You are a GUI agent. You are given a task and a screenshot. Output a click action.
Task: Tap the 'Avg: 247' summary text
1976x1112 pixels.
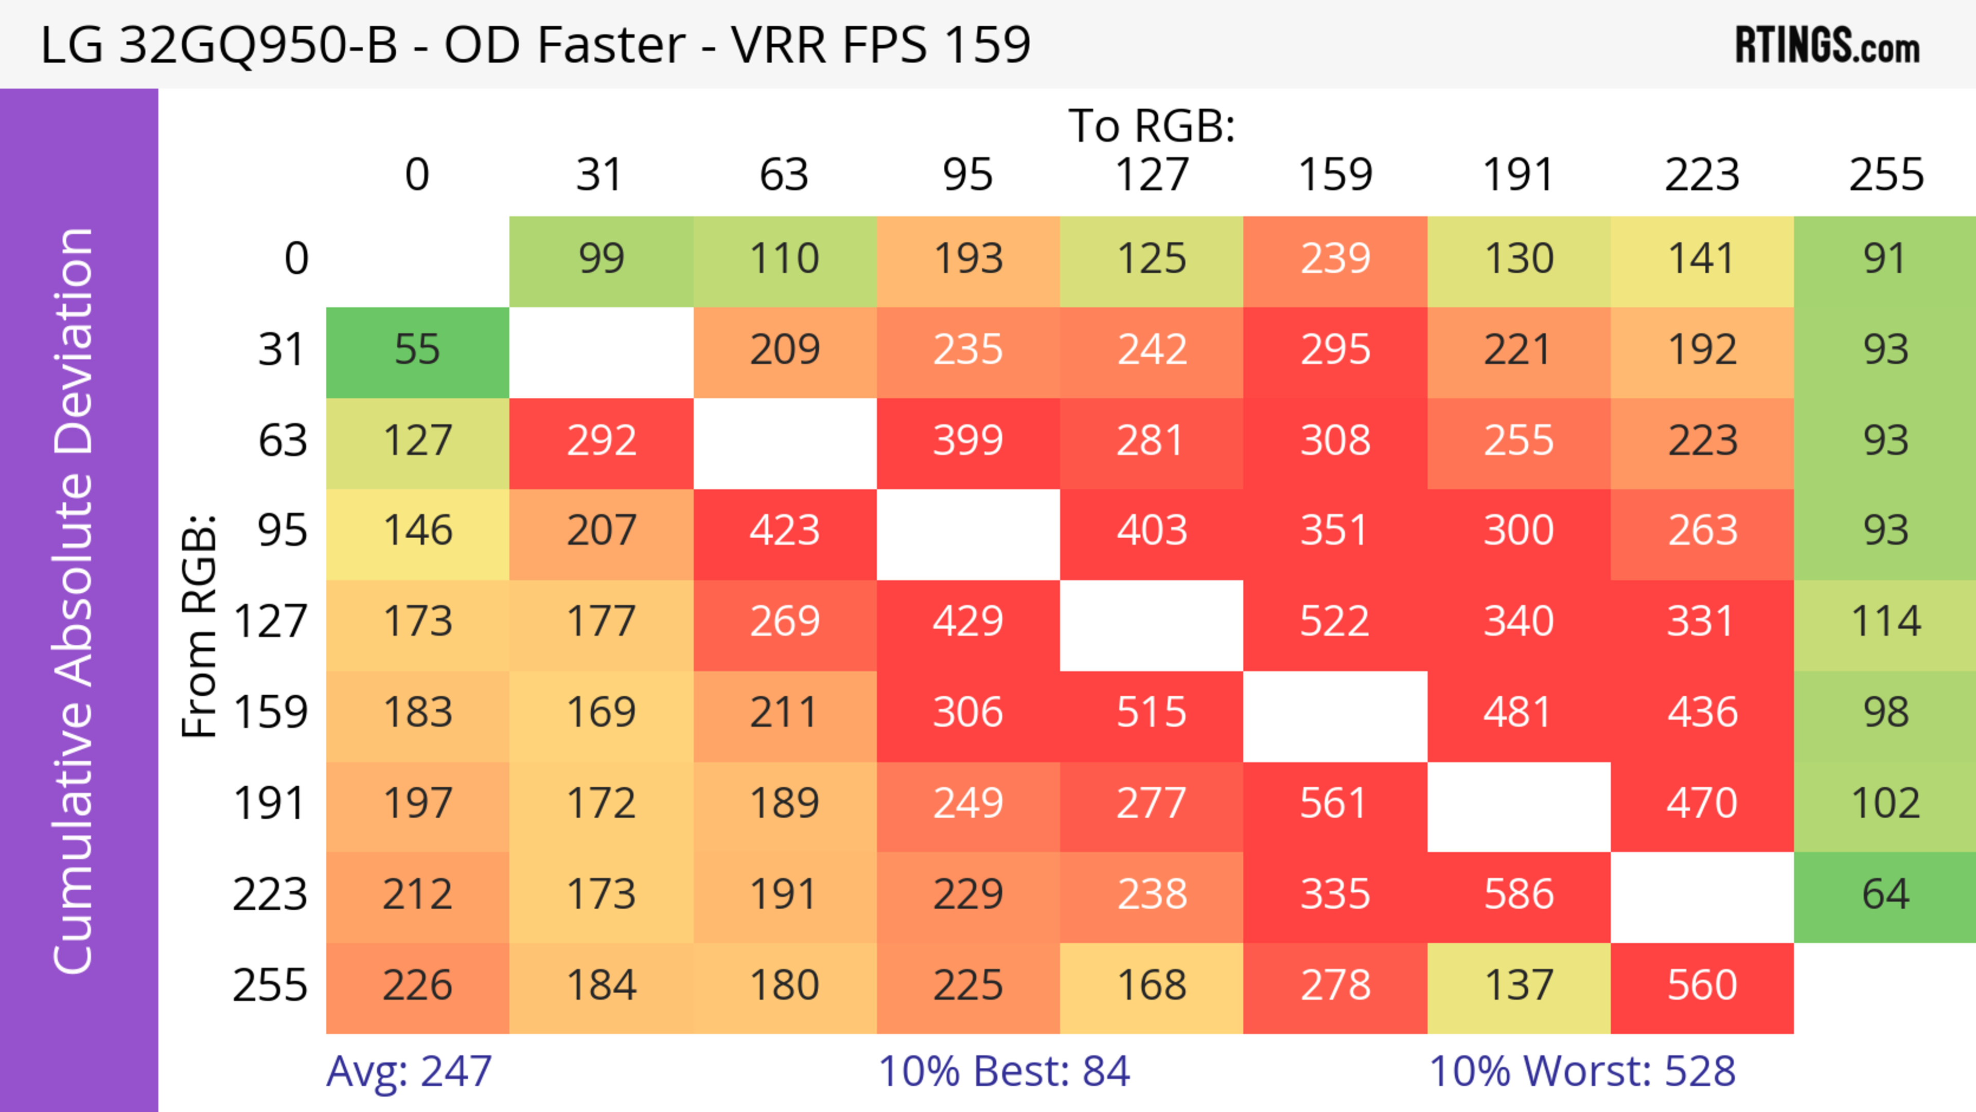point(409,1071)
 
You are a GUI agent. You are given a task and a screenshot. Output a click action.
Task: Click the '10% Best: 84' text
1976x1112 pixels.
point(1003,1071)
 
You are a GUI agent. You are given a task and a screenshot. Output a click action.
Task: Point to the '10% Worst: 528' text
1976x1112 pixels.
point(1582,1071)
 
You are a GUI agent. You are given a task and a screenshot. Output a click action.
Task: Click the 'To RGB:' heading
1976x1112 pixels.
point(1152,126)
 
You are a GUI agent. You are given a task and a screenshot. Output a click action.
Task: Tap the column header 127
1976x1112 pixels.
point(1152,175)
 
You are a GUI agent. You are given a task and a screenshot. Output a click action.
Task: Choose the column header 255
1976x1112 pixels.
point(1885,175)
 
